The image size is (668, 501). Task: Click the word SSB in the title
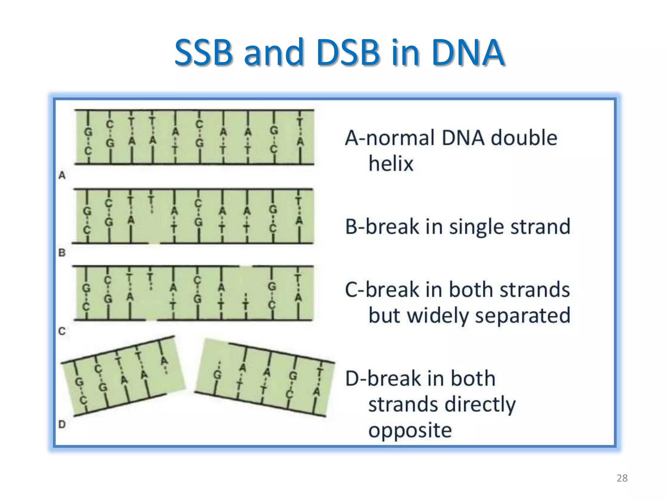(204, 52)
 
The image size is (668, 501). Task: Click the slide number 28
(622, 478)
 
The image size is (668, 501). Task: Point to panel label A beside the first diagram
(62, 175)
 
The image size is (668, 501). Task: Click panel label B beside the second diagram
(62, 252)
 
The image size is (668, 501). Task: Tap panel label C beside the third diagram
(62, 331)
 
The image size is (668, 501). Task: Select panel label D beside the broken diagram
(62, 424)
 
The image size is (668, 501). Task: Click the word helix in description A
(391, 163)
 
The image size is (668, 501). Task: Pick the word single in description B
(477, 226)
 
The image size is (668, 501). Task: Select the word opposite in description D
(410, 430)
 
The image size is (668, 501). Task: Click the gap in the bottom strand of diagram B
(154, 243)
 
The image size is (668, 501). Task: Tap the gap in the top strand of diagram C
(246, 266)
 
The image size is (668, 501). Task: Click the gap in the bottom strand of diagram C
(151, 320)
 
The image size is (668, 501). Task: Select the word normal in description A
(400, 138)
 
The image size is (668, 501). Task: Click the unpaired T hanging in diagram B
(151, 200)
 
